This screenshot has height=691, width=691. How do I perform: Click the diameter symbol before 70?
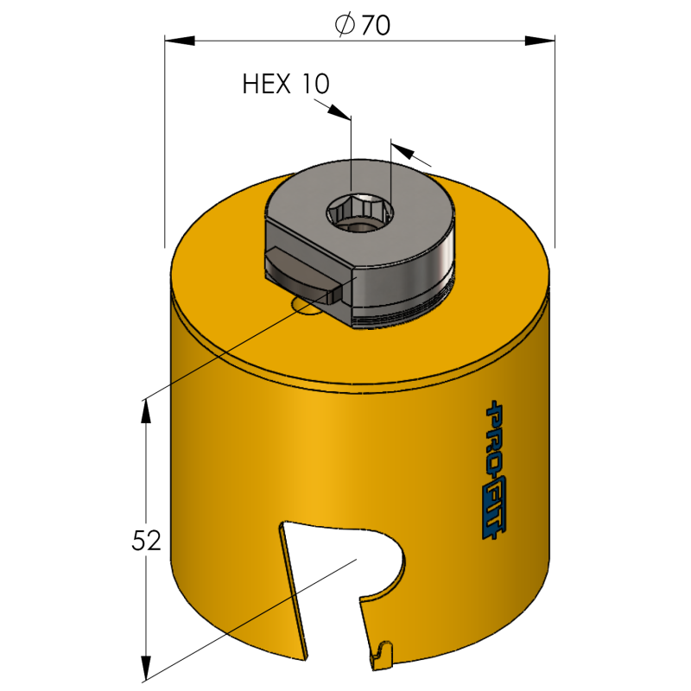click(345, 25)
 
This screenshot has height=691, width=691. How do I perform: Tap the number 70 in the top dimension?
click(376, 25)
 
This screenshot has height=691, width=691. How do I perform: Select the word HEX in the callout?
click(267, 84)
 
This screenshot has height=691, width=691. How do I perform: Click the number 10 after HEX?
click(315, 84)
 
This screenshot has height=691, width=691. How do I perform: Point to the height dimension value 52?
click(146, 541)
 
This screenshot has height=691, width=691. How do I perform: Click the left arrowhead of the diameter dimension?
click(180, 41)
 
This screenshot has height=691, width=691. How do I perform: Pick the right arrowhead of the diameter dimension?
click(540, 41)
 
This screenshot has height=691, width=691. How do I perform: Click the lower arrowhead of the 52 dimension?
click(145, 668)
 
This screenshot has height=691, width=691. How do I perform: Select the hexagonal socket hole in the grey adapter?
click(359, 212)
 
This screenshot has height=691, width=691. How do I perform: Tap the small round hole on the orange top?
click(306, 307)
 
